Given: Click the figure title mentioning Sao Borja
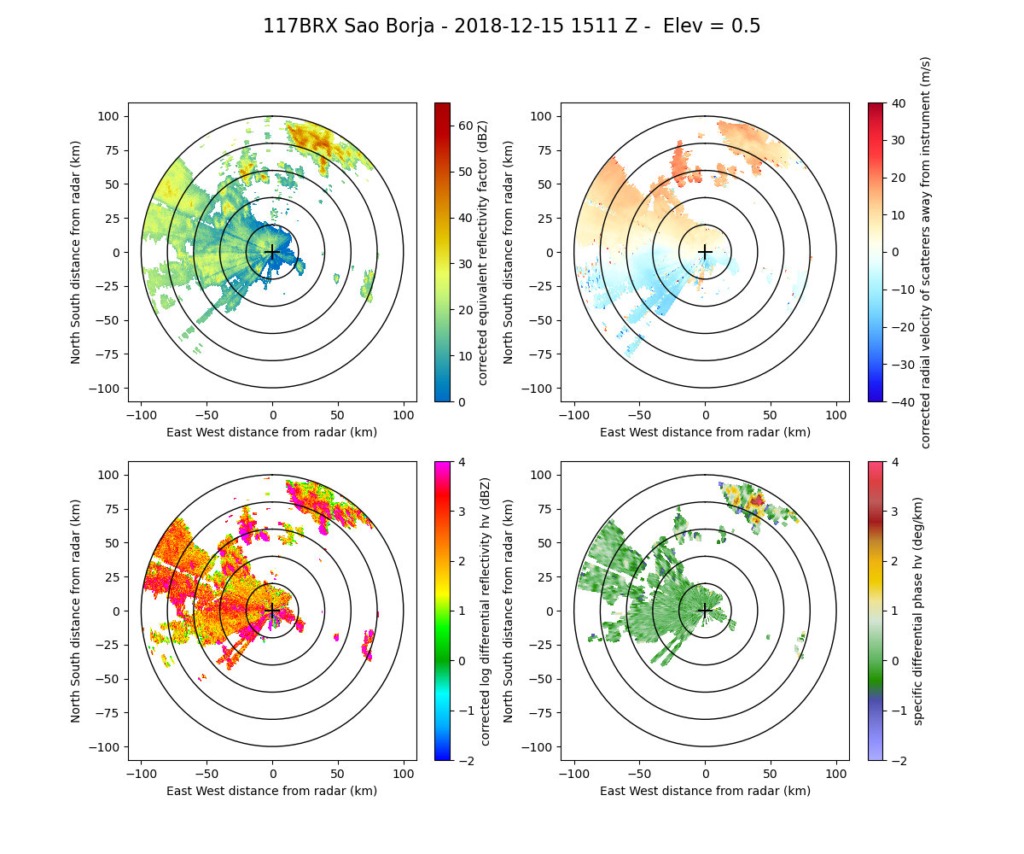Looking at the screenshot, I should (511, 26).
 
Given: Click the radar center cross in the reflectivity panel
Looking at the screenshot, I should (272, 252).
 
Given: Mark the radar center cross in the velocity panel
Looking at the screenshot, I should (705, 252).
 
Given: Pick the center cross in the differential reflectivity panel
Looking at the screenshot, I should (272, 611).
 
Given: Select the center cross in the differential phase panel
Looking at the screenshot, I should (705, 611).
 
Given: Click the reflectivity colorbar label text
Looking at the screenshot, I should (482, 252).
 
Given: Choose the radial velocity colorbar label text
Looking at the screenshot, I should (925, 252).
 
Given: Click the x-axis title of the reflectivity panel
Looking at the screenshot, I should (272, 432).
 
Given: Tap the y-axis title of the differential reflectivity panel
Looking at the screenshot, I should (76, 611).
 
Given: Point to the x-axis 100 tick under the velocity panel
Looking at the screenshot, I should (835, 416).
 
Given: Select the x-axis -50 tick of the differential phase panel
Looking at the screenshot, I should (639, 775).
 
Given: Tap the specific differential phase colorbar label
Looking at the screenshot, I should (918, 611).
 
